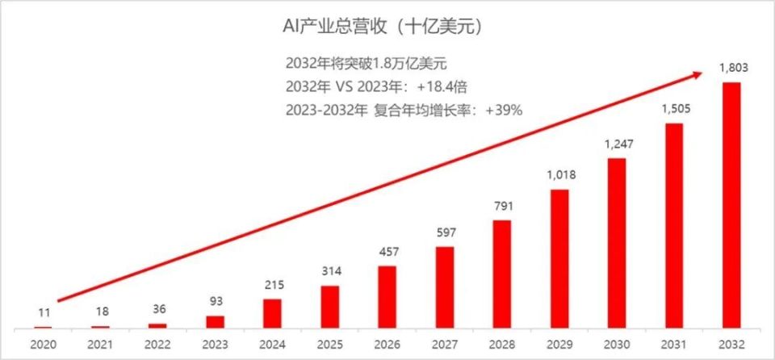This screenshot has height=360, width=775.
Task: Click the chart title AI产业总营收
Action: click(379, 27)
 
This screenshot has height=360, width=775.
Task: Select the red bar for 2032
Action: click(731, 205)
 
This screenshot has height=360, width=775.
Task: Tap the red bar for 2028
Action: click(501, 274)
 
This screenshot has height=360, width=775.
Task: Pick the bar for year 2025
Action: click(329, 307)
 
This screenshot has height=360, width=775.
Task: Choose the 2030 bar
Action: click(617, 243)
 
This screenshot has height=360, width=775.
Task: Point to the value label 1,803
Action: click(732, 68)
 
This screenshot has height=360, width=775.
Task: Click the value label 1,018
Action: click(559, 174)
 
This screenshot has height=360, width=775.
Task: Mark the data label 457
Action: click(387, 251)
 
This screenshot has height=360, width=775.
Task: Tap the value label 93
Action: click(215, 301)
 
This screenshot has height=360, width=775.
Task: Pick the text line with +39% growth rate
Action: click(404, 110)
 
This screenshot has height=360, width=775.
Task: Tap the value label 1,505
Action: click(674, 110)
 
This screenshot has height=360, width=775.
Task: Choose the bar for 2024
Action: click(272, 313)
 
